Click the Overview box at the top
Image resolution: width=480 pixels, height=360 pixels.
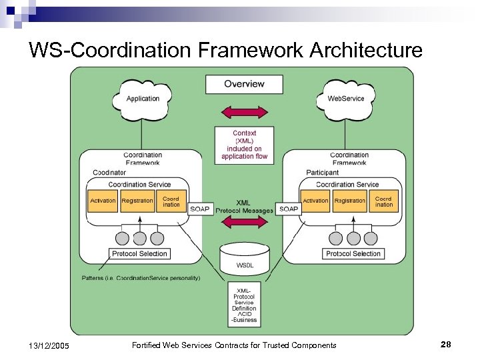pyautogui.click(x=244, y=84)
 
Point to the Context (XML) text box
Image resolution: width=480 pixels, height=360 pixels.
pyautogui.click(x=244, y=145)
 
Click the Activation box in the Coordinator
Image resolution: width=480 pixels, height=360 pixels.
pyautogui.click(x=103, y=201)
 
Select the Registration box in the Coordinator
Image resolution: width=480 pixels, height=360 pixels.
pyautogui.click(x=137, y=201)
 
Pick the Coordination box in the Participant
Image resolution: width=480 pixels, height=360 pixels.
pyautogui.click(x=383, y=201)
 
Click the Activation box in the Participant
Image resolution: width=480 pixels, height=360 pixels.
pyautogui.click(x=315, y=201)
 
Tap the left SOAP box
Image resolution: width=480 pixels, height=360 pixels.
pyautogui.click(x=200, y=209)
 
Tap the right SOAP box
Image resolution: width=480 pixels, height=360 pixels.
pyautogui.click(x=289, y=209)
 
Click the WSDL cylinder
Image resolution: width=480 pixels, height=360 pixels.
pyautogui.click(x=244, y=258)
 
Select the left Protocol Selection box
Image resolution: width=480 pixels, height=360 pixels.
pyautogui.click(x=139, y=254)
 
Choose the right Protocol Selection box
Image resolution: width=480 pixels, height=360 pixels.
pyautogui.click(x=353, y=254)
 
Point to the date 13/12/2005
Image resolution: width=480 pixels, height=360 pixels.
pyautogui.click(x=49, y=345)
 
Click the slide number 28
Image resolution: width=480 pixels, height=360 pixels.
pyautogui.click(x=446, y=344)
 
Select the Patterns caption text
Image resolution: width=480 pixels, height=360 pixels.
pyautogui.click(x=140, y=277)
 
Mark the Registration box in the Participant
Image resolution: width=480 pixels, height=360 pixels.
pyautogui.click(x=350, y=201)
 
